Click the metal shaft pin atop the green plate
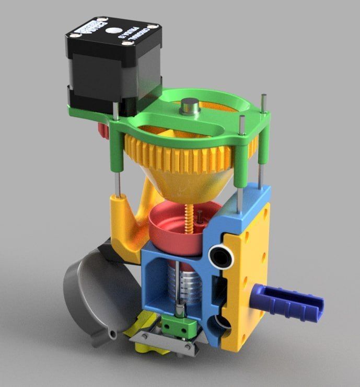pos(188,106)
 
